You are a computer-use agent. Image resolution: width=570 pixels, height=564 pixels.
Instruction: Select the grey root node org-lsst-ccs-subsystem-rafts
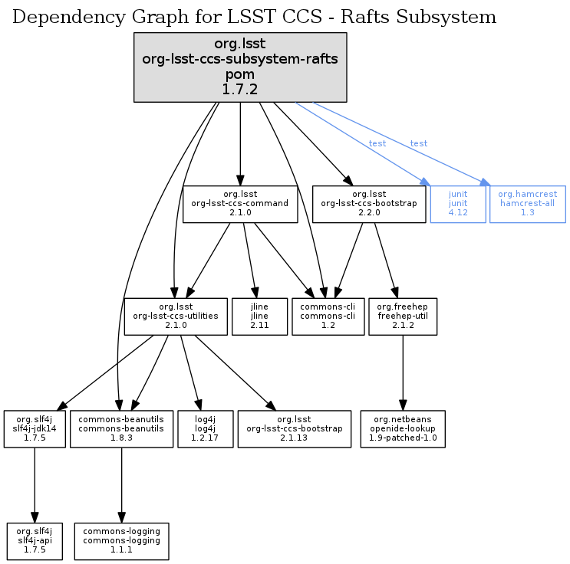(240, 67)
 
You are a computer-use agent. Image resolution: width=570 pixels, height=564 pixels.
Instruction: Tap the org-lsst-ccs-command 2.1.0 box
(240, 204)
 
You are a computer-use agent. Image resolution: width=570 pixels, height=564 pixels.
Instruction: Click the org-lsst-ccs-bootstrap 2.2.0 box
(368, 204)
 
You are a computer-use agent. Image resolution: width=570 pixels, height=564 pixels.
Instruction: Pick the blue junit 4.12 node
(458, 204)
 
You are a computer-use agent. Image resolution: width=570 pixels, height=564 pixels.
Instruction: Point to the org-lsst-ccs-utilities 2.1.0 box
(175, 316)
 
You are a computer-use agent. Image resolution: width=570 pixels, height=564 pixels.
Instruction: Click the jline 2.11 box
(259, 316)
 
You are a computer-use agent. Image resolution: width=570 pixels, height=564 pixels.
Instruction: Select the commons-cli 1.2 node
(328, 316)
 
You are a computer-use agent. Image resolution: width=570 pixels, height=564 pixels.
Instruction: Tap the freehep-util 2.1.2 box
(403, 316)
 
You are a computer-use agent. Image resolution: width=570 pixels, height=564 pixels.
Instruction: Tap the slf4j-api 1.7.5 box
(33, 541)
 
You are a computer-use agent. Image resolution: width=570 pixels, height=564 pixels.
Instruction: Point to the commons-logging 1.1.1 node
(121, 541)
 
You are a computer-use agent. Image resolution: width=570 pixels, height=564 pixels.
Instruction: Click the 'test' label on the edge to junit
(377, 143)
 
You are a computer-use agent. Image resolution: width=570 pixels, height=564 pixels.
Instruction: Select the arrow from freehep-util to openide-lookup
(403, 372)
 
